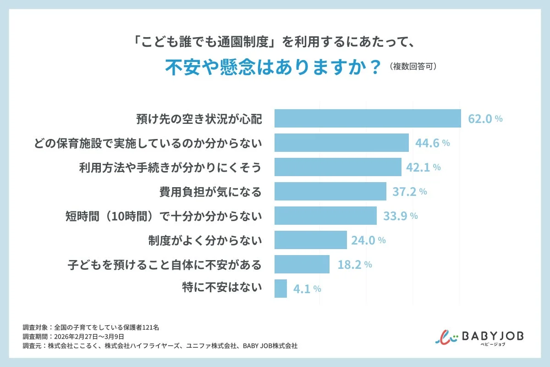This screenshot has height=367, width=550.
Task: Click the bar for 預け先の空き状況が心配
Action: click(x=368, y=118)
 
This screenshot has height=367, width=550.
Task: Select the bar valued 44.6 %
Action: click(x=341, y=143)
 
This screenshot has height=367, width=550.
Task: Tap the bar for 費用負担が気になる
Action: click(x=330, y=191)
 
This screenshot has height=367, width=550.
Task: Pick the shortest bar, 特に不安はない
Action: click(x=280, y=289)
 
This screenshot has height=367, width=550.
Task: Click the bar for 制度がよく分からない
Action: click(x=310, y=240)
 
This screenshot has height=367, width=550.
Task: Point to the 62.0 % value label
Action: click(x=485, y=119)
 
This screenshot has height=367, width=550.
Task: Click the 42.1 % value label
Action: click(x=423, y=167)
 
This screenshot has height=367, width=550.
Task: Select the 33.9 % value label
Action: click(x=400, y=216)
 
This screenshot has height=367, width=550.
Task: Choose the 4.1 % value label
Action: click(x=306, y=289)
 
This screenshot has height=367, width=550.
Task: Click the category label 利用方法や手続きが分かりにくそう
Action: click(x=170, y=167)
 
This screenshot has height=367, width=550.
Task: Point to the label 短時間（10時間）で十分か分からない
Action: click(x=164, y=216)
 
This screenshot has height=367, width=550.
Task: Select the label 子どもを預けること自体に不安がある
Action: click(x=164, y=265)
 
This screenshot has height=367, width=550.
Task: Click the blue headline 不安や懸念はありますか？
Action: click(x=273, y=67)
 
